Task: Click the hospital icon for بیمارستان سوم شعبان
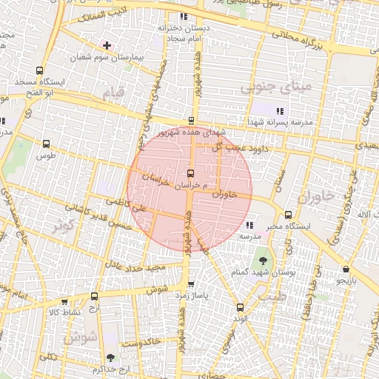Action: (108, 45)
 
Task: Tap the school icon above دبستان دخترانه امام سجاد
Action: (184, 16)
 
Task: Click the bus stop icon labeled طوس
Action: (47, 145)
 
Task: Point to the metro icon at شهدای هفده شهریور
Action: (191, 121)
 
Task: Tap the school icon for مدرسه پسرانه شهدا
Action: (279, 110)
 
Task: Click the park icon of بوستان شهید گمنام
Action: (264, 260)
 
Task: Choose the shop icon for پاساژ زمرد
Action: (191, 284)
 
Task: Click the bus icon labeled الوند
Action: (238, 307)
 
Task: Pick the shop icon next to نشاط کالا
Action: (66, 301)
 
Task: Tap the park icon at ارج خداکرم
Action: (110, 358)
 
